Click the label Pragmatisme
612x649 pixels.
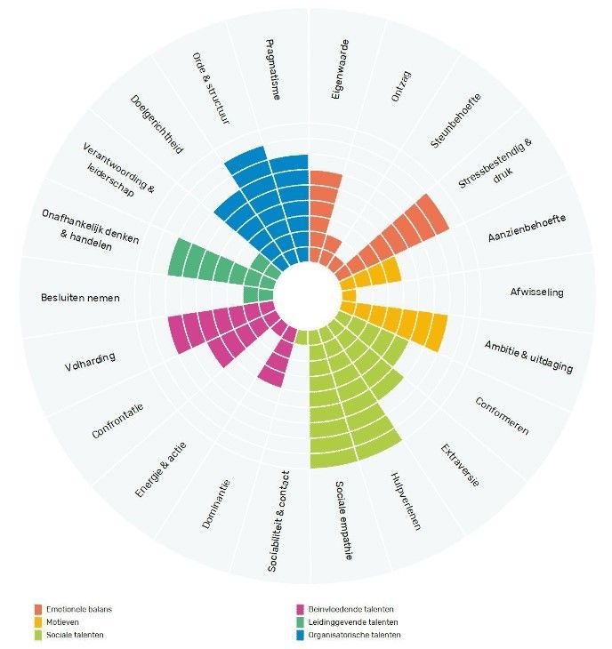point(273,69)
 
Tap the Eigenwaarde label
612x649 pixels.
point(341,69)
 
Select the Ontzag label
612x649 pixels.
point(401,86)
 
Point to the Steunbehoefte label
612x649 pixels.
point(455,120)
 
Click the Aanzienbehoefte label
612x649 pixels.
point(527,228)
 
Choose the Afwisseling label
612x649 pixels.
point(536,292)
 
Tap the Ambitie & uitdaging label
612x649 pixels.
point(528,357)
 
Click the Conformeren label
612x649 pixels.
point(502,416)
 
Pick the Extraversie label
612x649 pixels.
point(460,465)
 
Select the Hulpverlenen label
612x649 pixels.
point(406,501)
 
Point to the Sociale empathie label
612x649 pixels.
point(343,520)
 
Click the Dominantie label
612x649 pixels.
point(216,504)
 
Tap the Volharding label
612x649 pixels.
point(90,362)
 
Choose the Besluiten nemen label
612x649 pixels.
point(80,298)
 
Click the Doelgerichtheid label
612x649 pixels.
point(157,124)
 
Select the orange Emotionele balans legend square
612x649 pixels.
point(38,609)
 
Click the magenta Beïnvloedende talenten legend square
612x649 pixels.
point(301,609)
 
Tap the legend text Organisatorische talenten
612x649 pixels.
point(354,635)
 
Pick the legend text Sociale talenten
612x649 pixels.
point(75,635)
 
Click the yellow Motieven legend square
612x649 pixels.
point(38,622)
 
